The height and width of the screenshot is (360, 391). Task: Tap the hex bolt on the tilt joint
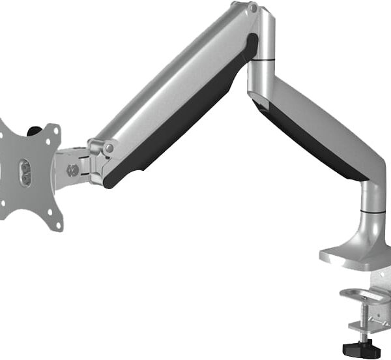coord(72,171)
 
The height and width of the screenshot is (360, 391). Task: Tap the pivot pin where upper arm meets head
coord(108,148)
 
